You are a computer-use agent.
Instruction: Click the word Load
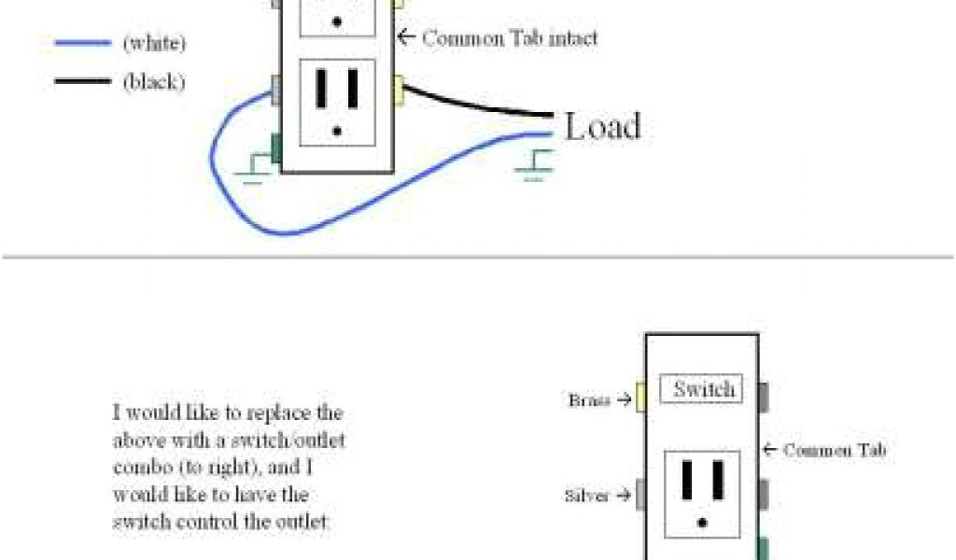(602, 126)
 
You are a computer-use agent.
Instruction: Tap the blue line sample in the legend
(82, 43)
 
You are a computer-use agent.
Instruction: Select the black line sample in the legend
(82, 82)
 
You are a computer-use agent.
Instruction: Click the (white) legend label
(154, 43)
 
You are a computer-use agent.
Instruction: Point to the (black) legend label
(154, 82)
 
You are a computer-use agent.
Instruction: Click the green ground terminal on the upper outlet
(276, 147)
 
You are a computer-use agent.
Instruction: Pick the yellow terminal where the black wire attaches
(399, 91)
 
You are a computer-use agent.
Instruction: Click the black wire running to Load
(476, 104)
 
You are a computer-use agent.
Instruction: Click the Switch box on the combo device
(702, 389)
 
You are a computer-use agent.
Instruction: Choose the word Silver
(586, 496)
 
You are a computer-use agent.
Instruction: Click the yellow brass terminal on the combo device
(640, 397)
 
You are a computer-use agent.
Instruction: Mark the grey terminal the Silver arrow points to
(641, 495)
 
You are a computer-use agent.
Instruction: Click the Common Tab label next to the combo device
(834, 451)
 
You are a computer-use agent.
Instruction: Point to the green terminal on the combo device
(763, 549)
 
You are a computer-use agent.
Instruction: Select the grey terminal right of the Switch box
(763, 397)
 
